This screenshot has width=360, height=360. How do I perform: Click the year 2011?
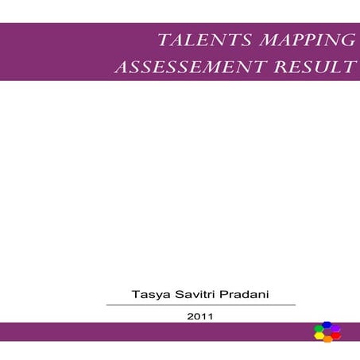coord(200,315)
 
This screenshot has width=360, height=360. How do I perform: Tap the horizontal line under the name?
coord(200,304)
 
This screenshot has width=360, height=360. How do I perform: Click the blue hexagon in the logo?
coord(327,325)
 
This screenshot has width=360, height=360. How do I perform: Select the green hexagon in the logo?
coord(319,329)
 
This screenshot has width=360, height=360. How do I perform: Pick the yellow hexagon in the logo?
coord(319,336)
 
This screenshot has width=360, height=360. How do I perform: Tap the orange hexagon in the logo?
coord(327,339)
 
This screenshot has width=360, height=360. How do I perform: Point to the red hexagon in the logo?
coord(335,335)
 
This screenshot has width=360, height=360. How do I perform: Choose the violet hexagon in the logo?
coord(335,328)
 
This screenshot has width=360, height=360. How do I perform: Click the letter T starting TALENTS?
coord(164,41)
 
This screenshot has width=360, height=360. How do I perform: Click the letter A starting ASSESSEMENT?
coord(122,68)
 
